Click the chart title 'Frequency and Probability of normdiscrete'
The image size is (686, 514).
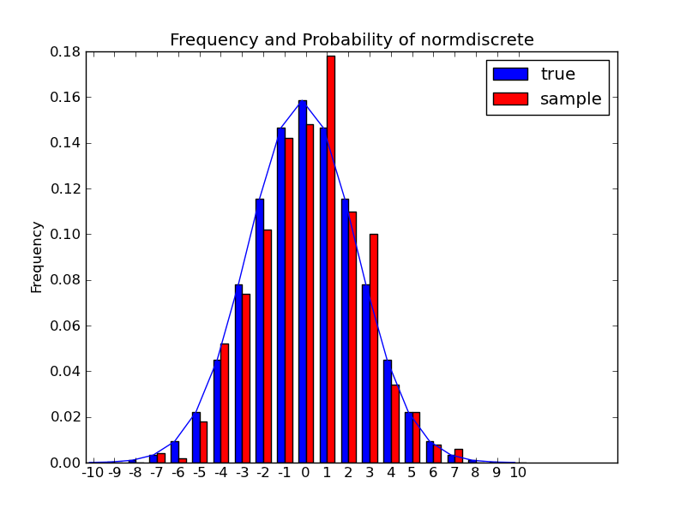[x=352, y=40]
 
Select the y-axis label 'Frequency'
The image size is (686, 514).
[x=37, y=257]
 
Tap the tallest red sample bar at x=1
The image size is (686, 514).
[x=330, y=257]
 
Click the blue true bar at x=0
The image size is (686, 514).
[x=302, y=283]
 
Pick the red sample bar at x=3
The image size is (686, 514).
[x=373, y=347]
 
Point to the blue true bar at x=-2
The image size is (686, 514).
[x=260, y=330]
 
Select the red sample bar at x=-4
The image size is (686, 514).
[x=225, y=403]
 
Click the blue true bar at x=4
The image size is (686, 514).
[x=388, y=411]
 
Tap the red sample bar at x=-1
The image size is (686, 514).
[x=289, y=300]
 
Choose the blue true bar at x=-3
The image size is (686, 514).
[x=238, y=373]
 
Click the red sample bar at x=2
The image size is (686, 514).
[x=352, y=337]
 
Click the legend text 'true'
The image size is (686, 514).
[x=557, y=75]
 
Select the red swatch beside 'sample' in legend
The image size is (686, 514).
[x=510, y=99]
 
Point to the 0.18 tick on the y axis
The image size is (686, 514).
[x=67, y=51]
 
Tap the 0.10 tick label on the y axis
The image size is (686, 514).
[x=67, y=234]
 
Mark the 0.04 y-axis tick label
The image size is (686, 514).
[x=67, y=371]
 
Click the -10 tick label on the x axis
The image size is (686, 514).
[x=93, y=472]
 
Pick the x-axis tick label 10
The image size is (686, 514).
[x=518, y=472]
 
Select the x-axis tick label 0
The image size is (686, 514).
[x=305, y=472]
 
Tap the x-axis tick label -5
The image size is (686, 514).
[x=199, y=472]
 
